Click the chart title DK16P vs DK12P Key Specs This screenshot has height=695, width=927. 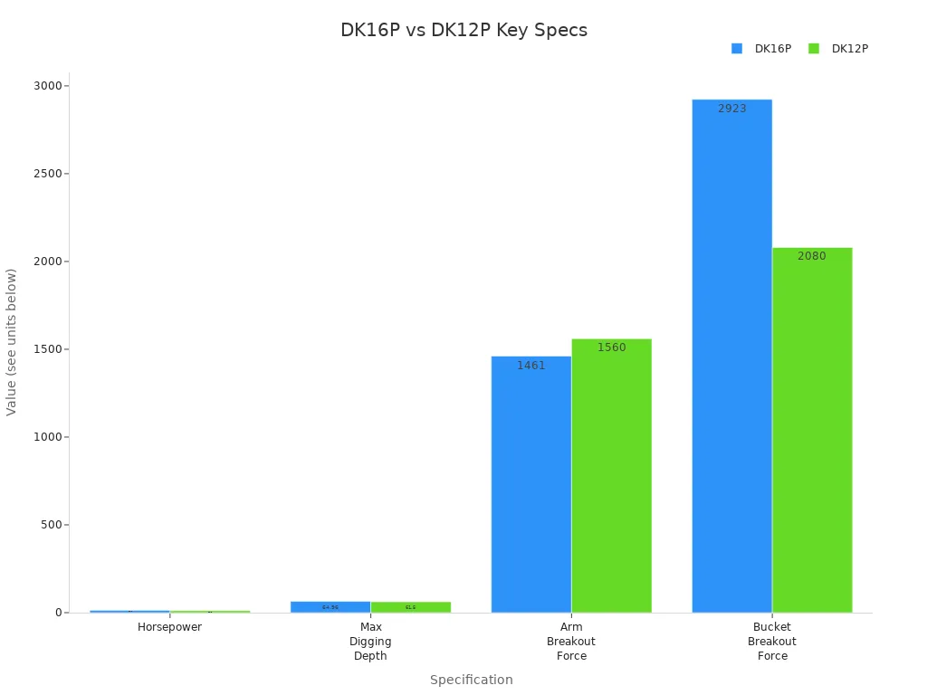pyautogui.click(x=463, y=30)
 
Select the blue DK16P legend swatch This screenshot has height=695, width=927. pyautogui.click(x=737, y=49)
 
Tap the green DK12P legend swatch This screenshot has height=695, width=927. pyautogui.click(x=813, y=49)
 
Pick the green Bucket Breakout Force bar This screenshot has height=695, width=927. pyautogui.click(x=812, y=430)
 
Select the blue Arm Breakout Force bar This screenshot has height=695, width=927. pyautogui.click(x=530, y=484)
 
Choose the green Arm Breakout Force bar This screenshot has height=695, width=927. pyautogui.click(x=611, y=475)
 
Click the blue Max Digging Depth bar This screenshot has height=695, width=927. pyautogui.click(x=330, y=606)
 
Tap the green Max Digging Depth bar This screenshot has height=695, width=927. pyautogui.click(x=410, y=606)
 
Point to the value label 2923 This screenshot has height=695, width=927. pyautogui.click(x=731, y=109)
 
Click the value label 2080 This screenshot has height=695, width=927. pyautogui.click(x=811, y=256)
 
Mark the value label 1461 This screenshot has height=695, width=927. pyautogui.click(x=530, y=366)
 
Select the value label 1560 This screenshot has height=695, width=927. pyautogui.click(x=611, y=347)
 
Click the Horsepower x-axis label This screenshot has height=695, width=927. pyautogui.click(x=169, y=627)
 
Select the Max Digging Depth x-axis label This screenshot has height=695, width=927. pyautogui.click(x=370, y=642)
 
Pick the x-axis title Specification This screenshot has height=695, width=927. pyautogui.click(x=471, y=680)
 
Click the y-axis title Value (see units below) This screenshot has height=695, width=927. pyautogui.click(x=12, y=341)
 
